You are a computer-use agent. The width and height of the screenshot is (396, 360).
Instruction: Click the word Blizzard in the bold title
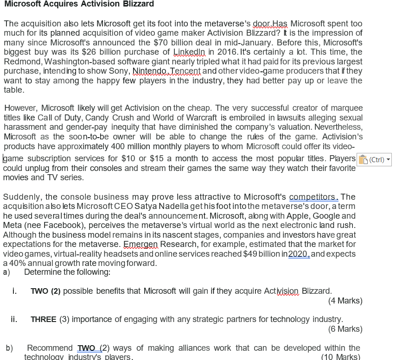138,4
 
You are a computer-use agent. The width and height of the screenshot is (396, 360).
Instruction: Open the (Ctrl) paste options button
374,159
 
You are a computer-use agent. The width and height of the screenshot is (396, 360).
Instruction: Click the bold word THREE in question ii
44,320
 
